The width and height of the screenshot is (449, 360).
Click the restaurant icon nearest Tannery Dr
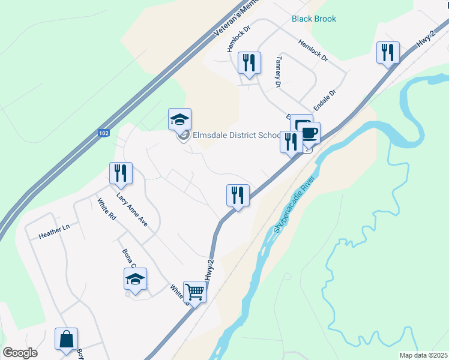point(249,63)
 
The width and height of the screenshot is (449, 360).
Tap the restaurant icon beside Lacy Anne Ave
point(121,173)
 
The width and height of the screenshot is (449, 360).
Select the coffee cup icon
point(309,133)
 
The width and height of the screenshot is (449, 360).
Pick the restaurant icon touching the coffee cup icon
point(291,142)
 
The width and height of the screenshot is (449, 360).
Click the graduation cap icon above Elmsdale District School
point(179,119)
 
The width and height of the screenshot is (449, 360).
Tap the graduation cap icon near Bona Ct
point(135,279)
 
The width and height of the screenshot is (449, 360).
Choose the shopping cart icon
point(195,292)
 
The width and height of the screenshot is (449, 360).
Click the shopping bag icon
point(66,339)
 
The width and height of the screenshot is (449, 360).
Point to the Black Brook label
point(314,19)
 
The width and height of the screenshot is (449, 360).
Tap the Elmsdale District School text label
point(236,135)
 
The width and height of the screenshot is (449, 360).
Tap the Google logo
point(20,353)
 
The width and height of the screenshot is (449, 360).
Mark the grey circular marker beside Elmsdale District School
point(184,136)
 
